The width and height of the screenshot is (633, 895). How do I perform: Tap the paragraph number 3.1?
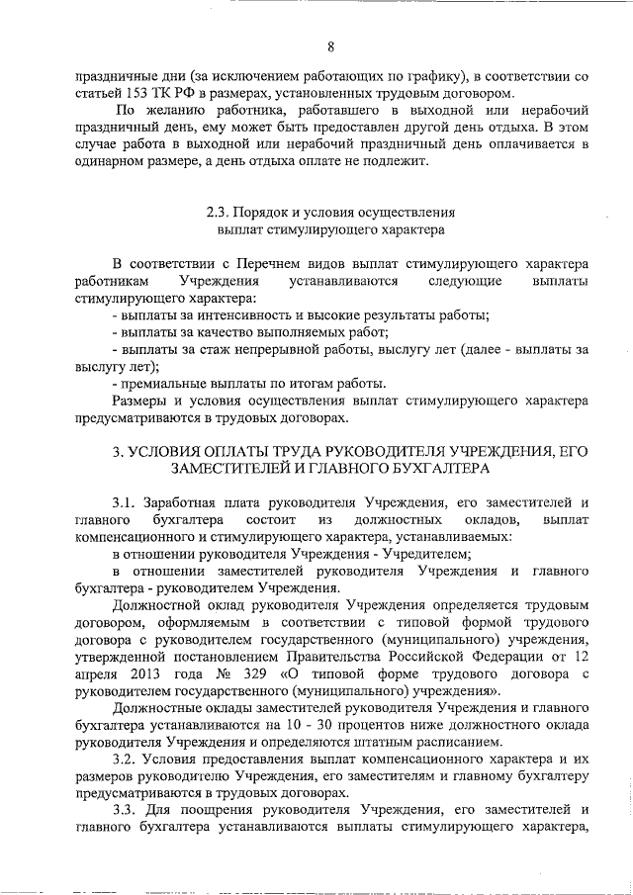click(x=126, y=503)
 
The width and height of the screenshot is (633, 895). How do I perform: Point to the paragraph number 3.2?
click(x=126, y=761)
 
